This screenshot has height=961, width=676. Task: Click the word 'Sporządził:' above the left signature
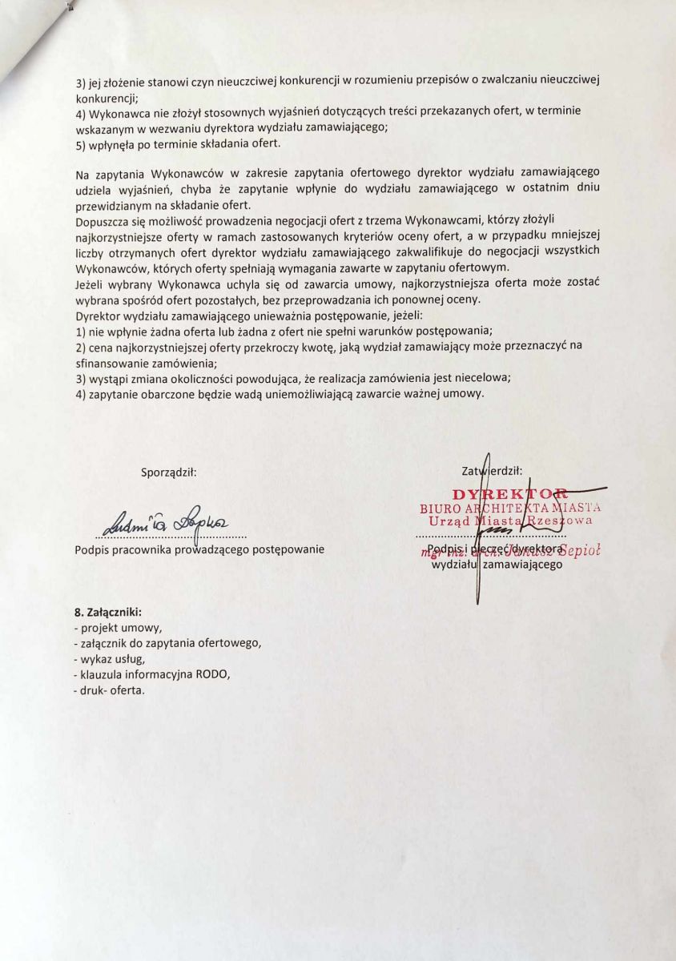pos(169,472)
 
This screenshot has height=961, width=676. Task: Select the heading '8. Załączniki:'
pos(107,613)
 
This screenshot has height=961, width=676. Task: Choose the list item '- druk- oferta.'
pos(109,690)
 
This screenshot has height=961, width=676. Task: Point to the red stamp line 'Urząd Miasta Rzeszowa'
pos(510,521)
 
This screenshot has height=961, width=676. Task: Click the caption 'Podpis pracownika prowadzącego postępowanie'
pos(199,549)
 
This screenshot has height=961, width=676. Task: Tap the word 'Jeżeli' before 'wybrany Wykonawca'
pos(91,284)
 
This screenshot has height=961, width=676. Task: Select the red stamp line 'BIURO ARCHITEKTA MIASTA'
pos(510,508)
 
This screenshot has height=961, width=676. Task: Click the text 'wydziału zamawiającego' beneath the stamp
pos(497,564)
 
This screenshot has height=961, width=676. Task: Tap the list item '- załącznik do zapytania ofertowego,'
pos(167,643)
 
